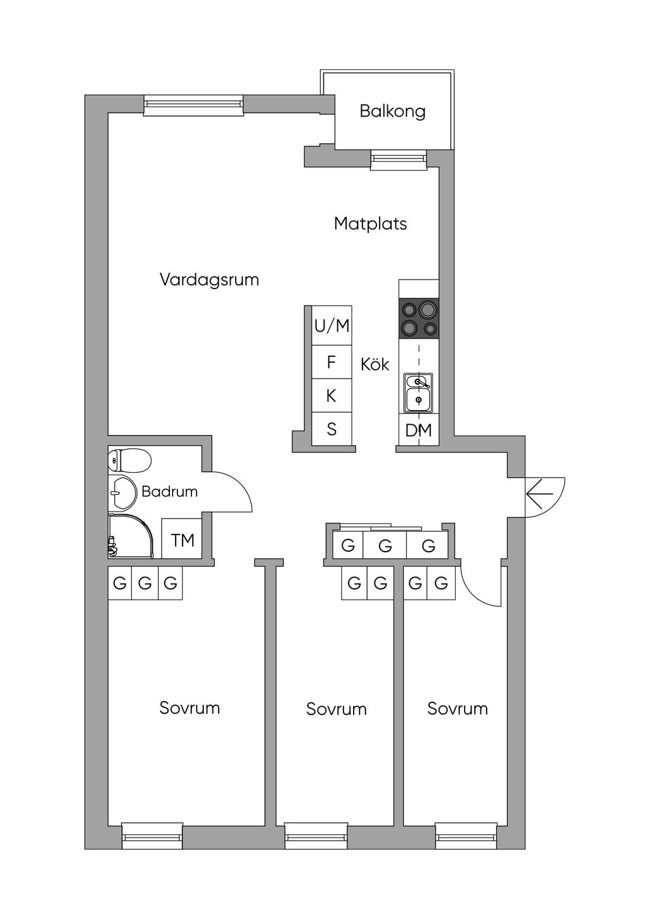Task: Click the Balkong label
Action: (x=392, y=111)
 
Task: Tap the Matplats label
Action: (x=370, y=224)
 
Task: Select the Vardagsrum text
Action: (x=209, y=280)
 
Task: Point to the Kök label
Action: (x=375, y=365)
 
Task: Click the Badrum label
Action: (x=169, y=491)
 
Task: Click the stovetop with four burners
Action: (x=418, y=319)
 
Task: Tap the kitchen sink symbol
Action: (x=418, y=392)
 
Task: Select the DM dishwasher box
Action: (x=418, y=430)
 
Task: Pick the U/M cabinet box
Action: (x=331, y=326)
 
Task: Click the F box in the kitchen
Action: (x=331, y=363)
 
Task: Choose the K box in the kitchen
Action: (x=331, y=396)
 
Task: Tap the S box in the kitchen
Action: (x=331, y=429)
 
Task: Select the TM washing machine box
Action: (x=183, y=540)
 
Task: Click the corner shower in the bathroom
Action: (x=130, y=536)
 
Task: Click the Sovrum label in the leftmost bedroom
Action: (x=190, y=708)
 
